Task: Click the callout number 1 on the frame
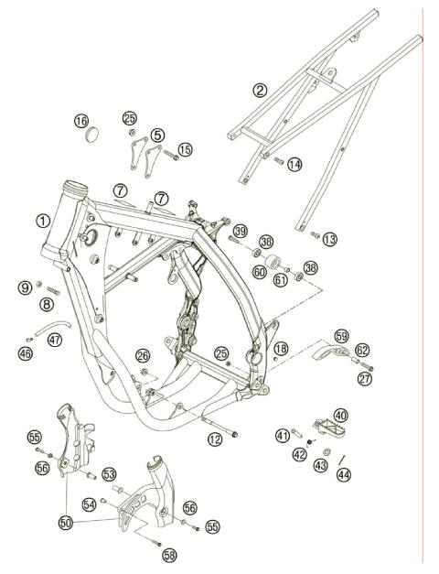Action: click(x=43, y=220)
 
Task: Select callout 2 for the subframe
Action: click(x=261, y=90)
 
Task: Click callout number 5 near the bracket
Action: click(x=157, y=135)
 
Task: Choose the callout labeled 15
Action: click(x=186, y=149)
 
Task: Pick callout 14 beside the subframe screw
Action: click(x=294, y=165)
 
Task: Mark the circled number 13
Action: click(x=329, y=238)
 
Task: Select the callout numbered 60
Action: click(x=260, y=272)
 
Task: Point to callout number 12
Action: click(x=215, y=440)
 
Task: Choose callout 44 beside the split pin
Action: click(x=343, y=475)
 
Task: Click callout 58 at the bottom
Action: click(x=169, y=555)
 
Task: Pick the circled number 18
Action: click(x=281, y=349)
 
